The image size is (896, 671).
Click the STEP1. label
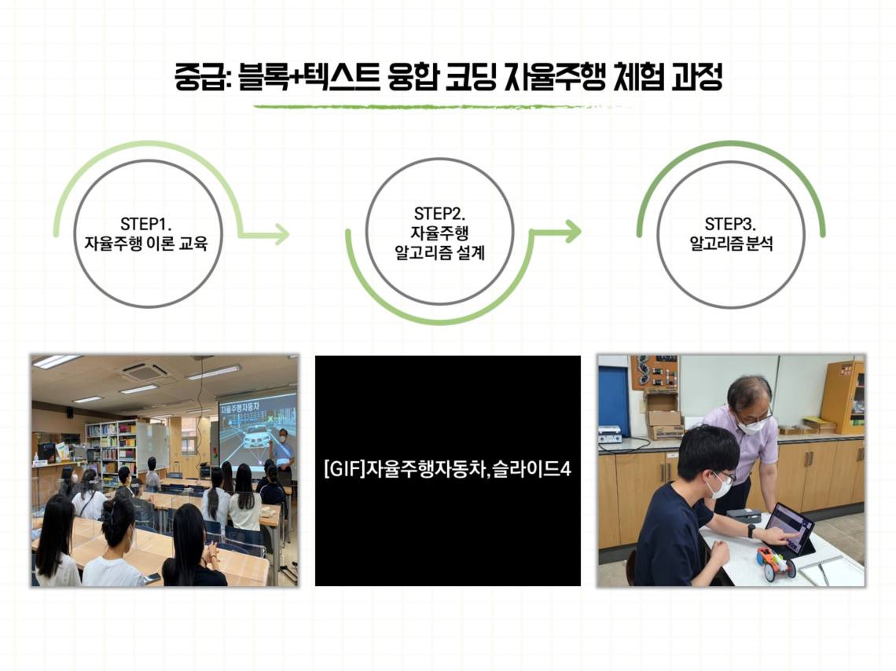[145, 223]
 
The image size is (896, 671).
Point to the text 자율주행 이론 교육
[145, 244]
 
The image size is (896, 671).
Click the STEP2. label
[439, 214]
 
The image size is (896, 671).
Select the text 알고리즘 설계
[439, 252]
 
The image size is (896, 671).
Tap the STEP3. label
[730, 223]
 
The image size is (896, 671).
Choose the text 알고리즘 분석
[731, 244]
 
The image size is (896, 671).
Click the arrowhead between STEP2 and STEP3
[572, 231]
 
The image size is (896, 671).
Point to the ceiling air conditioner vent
[142, 371]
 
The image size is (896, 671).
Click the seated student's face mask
[719, 486]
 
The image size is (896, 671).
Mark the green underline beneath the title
[442, 107]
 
